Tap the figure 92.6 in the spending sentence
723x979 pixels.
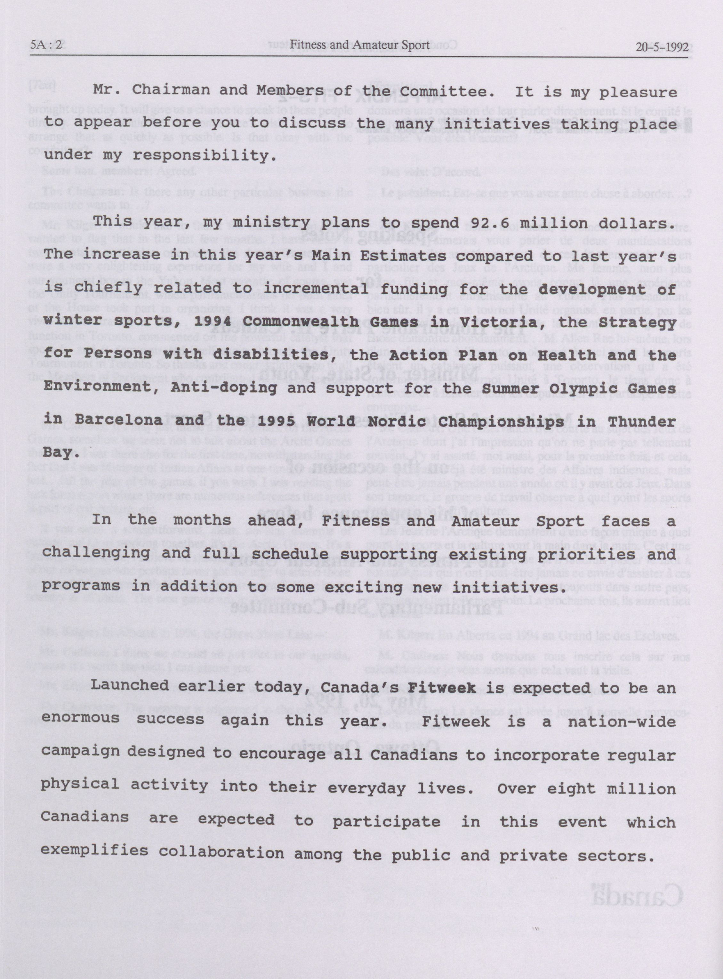coord(478,223)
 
